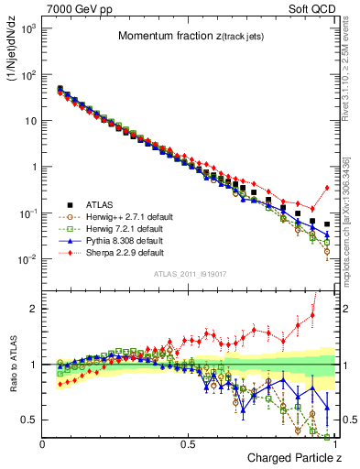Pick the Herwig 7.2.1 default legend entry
119,229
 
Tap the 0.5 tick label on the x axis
189,442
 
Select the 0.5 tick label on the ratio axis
29,420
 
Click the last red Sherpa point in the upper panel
327,188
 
